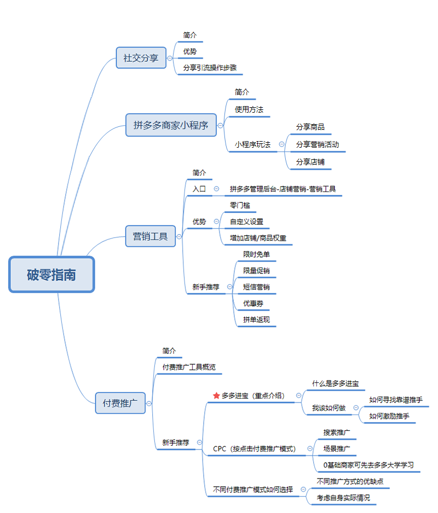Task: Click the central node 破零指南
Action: coord(51,275)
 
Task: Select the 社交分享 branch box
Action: coord(141,58)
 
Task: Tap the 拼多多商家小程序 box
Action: coord(171,125)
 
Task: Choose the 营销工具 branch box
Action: coord(151,237)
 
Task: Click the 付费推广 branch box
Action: coord(120,403)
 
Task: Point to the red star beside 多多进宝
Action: coord(216,395)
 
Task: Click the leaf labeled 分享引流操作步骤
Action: coord(210,68)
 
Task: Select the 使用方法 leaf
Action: coord(249,109)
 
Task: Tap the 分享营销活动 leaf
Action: coord(318,144)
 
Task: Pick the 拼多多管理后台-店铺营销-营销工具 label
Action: coord(283,189)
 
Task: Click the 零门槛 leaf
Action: coord(240,205)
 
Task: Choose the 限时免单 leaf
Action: coord(257,254)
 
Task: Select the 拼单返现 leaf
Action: coord(257,319)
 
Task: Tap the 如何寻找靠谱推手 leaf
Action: coord(396,400)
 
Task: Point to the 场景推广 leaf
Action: coord(337,449)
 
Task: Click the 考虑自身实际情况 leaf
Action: coord(343,498)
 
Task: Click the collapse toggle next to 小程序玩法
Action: coord(282,144)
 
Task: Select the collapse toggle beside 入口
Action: coord(216,189)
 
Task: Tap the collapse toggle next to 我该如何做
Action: coord(356,408)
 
